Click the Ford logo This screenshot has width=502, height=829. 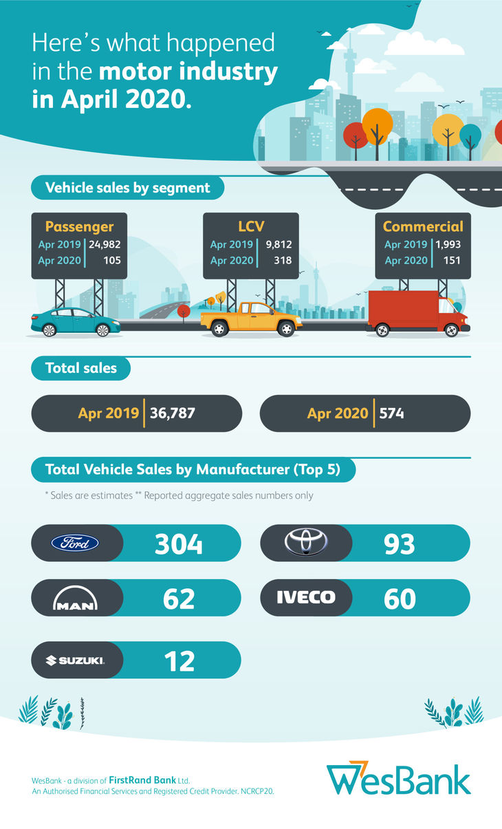pyautogui.click(x=76, y=543)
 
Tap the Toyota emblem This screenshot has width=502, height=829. pyautogui.click(x=306, y=542)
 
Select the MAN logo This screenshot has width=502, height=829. pyautogui.click(x=76, y=601)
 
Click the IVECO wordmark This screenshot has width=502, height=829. pyautogui.click(x=306, y=597)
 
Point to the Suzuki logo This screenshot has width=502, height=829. pyautogui.click(x=75, y=660)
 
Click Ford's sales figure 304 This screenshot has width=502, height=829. pyautogui.click(x=179, y=544)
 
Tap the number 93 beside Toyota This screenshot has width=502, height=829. pyautogui.click(x=400, y=544)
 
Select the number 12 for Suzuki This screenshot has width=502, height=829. pyautogui.click(x=179, y=661)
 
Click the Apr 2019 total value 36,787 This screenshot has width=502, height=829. pyautogui.click(x=173, y=413)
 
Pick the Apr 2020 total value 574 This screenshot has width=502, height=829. pyautogui.click(x=390, y=413)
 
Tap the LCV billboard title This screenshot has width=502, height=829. pyautogui.click(x=251, y=226)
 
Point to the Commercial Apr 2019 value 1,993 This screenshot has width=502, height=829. pyautogui.click(x=449, y=245)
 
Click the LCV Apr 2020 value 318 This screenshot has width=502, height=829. pyautogui.click(x=282, y=261)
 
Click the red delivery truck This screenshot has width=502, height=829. pyautogui.click(x=416, y=313)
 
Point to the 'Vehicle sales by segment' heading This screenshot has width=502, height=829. pyautogui.click(x=127, y=188)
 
